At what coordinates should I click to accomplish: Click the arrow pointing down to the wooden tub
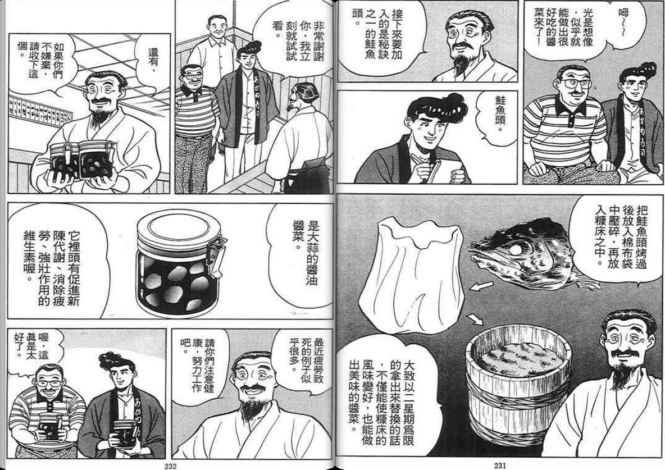(x=475, y=319)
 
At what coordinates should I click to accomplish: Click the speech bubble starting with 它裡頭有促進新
(x=56, y=264)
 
